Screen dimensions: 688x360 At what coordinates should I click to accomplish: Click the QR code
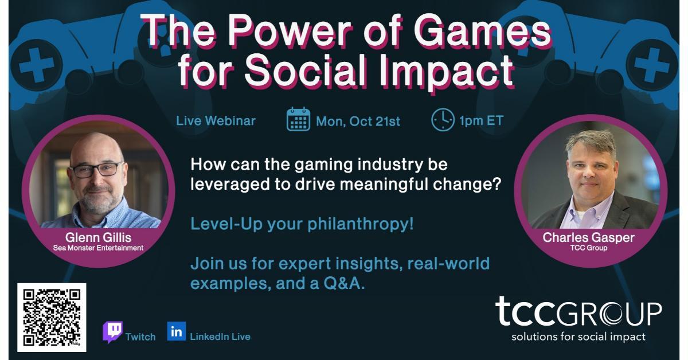(x=52, y=318)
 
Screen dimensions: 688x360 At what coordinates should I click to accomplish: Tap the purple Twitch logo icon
(x=112, y=332)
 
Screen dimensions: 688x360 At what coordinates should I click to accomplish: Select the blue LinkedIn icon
(x=177, y=331)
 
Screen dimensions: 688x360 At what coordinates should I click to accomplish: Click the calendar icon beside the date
(x=298, y=119)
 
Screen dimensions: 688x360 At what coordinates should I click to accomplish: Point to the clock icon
(x=443, y=120)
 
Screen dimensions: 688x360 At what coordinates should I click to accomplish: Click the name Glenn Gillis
(x=98, y=237)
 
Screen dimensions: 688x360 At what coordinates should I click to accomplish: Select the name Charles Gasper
(x=588, y=237)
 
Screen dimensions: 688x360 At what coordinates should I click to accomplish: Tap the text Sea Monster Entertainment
(x=98, y=248)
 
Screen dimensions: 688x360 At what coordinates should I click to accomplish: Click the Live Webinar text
(x=216, y=121)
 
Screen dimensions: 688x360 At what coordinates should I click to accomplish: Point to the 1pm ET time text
(x=481, y=120)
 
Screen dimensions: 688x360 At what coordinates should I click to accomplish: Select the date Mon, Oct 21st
(x=358, y=122)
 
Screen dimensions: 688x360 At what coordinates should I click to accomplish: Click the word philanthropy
(x=361, y=224)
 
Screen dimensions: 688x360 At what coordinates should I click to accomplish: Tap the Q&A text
(x=344, y=283)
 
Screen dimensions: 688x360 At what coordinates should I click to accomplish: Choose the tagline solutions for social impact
(x=578, y=337)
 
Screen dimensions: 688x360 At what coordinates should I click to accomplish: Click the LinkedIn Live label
(x=220, y=336)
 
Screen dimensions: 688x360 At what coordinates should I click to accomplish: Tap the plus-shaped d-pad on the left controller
(x=36, y=65)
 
